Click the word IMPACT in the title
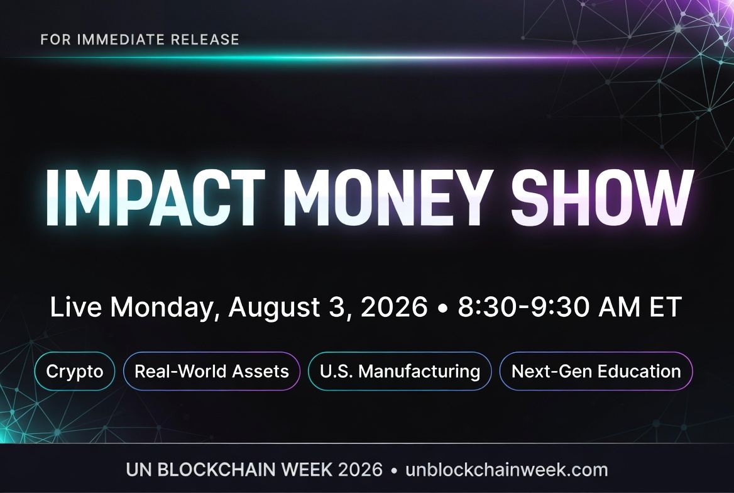[155, 198]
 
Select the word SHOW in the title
[602, 198]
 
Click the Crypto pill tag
[74, 371]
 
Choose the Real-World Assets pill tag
[212, 371]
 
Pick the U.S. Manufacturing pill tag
[400, 371]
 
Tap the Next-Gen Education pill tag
[596, 371]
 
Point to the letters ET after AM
[665, 307]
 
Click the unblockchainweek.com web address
[507, 470]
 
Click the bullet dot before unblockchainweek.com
[394, 470]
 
